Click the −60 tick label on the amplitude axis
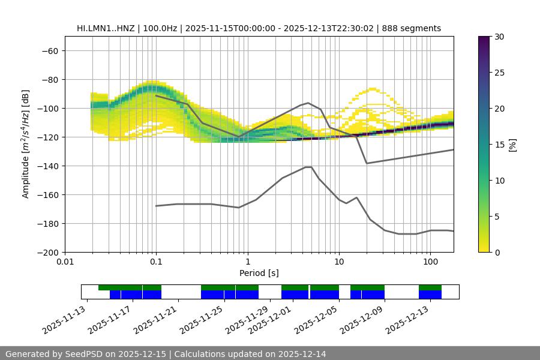(50, 50)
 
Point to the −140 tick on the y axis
(47, 166)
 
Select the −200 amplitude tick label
(47, 252)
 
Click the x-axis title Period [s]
(259, 273)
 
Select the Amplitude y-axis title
(26, 144)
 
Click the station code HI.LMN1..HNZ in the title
(105, 28)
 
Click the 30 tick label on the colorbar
(499, 37)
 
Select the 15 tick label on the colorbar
(499, 145)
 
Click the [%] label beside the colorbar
(512, 144)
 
